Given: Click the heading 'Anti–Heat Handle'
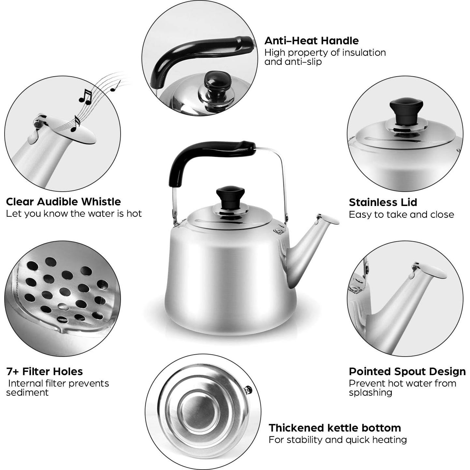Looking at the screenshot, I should coord(311,41).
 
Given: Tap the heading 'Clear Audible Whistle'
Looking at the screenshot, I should coord(63,202).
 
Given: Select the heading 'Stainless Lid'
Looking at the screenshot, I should coord(383,202).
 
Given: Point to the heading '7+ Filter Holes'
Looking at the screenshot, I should coord(44,371).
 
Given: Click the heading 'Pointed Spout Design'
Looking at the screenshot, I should coord(407,372).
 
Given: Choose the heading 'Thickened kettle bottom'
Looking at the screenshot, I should coord(335,428).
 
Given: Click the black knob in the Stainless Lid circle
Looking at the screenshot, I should coord(406,110).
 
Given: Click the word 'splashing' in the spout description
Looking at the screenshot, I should coord(370,392).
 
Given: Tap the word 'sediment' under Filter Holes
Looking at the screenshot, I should coord(27,392).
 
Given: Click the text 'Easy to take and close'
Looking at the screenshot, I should coord(401,214).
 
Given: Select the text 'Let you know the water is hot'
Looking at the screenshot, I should coord(74,214).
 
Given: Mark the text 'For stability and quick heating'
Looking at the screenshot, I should coord(338,440).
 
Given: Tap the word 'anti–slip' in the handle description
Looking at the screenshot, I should coord(293,62).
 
